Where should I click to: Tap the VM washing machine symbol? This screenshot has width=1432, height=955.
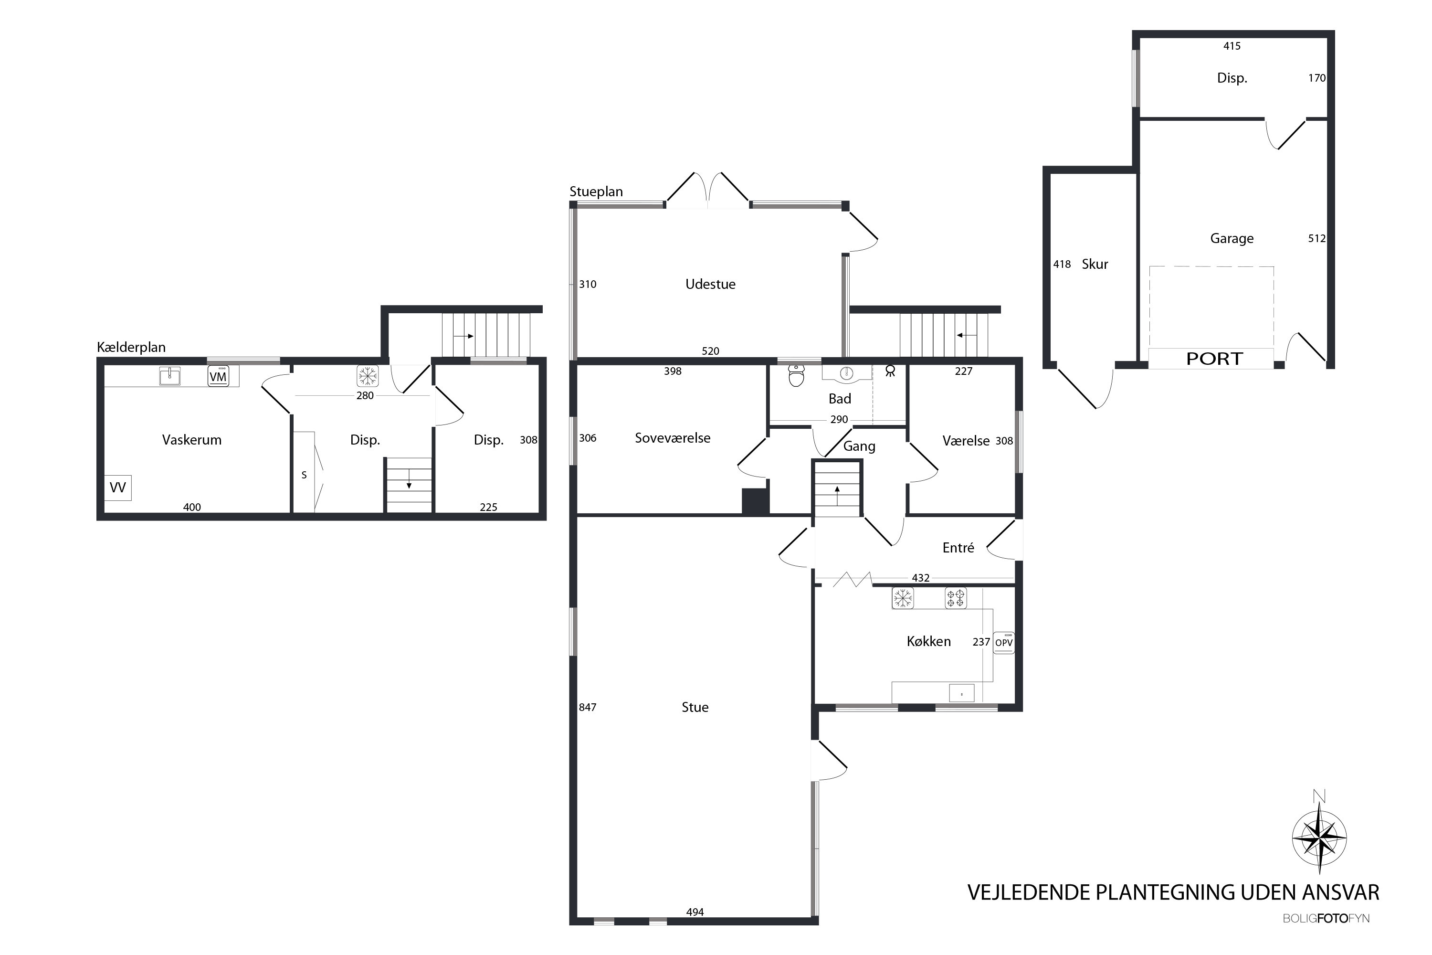point(218,376)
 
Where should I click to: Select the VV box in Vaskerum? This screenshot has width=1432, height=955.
point(117,487)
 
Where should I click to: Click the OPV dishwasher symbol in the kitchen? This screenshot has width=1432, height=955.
point(1004,643)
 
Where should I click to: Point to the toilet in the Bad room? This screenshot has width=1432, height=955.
point(796,375)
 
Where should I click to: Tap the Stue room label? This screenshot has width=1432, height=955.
point(695,707)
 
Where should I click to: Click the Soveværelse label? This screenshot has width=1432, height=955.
point(673,438)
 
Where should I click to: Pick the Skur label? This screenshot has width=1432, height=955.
point(1095,265)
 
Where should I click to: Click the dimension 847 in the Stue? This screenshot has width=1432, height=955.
point(588,707)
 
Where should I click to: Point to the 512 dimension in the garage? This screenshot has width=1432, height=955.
point(1317,238)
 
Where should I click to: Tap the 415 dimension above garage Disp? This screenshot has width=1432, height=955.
point(1232,46)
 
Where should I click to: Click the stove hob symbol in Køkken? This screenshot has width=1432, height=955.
point(955,598)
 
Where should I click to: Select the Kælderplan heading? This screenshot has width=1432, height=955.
point(131,347)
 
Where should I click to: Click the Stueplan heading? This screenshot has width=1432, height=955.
point(596,191)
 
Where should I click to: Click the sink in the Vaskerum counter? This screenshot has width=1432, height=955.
point(170,376)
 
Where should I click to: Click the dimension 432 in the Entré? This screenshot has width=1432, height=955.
point(921,577)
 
